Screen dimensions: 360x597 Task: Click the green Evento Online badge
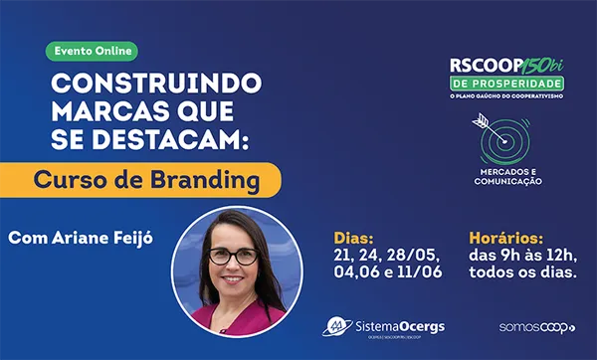(93, 50)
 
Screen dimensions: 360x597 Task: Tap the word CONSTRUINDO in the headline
(157, 82)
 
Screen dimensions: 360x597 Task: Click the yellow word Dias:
(353, 239)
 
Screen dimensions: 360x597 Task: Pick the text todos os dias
(521, 273)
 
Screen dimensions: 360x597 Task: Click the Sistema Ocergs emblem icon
(338, 325)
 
